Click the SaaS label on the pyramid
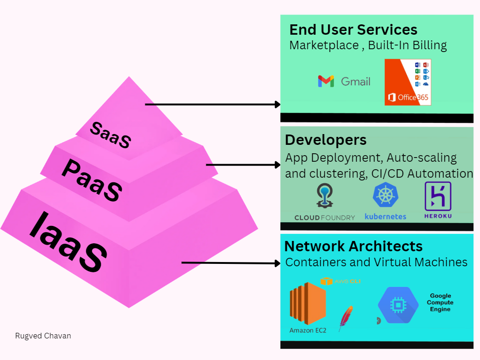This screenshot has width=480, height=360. pyautogui.click(x=110, y=135)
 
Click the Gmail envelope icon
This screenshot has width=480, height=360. pyautogui.click(x=326, y=81)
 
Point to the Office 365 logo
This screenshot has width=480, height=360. pyautogui.click(x=407, y=82)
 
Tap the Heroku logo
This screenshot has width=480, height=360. pyautogui.click(x=437, y=196)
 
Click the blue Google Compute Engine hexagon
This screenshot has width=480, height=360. pyautogui.click(x=398, y=305)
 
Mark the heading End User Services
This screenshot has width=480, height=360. pyautogui.click(x=353, y=30)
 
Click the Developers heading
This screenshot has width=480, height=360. pyautogui.click(x=326, y=140)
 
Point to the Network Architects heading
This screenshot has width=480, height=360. pyautogui.click(x=353, y=246)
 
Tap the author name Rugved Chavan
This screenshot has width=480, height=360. pyautogui.click(x=43, y=336)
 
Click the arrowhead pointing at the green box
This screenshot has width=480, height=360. pyautogui.click(x=277, y=105)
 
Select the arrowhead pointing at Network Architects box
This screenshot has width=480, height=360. pyautogui.click(x=277, y=263)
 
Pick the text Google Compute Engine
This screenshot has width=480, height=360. pyautogui.click(x=440, y=303)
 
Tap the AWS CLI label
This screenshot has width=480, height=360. pyautogui.click(x=346, y=281)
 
